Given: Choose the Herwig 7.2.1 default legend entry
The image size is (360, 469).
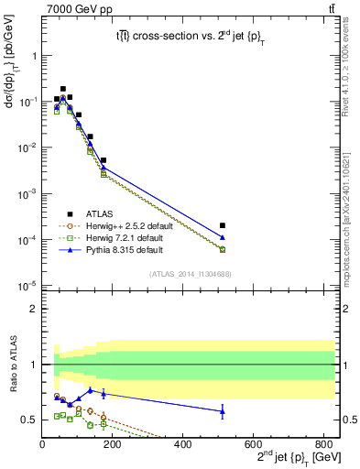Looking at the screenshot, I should (x=120, y=238).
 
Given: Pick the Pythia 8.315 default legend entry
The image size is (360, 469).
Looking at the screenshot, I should (x=120, y=250).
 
